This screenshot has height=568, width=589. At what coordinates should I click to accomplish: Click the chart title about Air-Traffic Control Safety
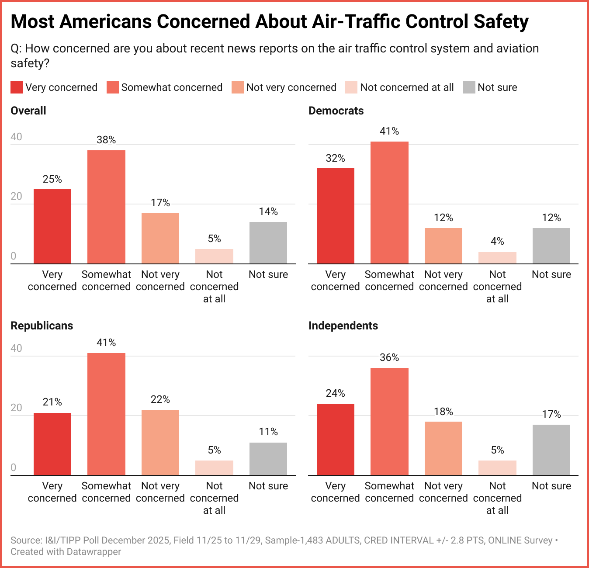(269, 22)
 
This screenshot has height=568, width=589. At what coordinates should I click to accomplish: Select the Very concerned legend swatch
(17, 87)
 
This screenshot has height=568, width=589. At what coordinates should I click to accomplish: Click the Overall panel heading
(28, 111)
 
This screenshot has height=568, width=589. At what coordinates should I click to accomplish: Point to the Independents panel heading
(343, 326)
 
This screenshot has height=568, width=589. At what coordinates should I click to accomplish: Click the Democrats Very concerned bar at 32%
(335, 216)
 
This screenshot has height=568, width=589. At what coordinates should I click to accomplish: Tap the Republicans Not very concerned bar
(160, 442)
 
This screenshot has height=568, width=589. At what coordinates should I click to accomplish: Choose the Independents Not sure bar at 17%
(551, 450)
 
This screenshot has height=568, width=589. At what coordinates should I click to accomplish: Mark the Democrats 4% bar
(497, 258)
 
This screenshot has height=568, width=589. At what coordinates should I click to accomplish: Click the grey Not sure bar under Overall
(268, 242)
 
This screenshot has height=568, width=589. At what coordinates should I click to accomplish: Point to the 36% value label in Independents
(389, 357)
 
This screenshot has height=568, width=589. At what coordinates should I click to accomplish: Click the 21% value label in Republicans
(52, 402)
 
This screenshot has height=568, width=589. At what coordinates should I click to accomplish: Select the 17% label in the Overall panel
(160, 203)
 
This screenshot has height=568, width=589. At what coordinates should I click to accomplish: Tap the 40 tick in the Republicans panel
(16, 348)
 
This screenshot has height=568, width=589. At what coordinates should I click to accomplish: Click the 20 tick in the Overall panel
(16, 196)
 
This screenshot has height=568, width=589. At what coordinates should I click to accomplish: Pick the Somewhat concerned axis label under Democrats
(389, 281)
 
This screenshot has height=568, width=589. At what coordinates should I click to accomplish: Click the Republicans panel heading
(42, 326)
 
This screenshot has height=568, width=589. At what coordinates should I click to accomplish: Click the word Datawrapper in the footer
(94, 552)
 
